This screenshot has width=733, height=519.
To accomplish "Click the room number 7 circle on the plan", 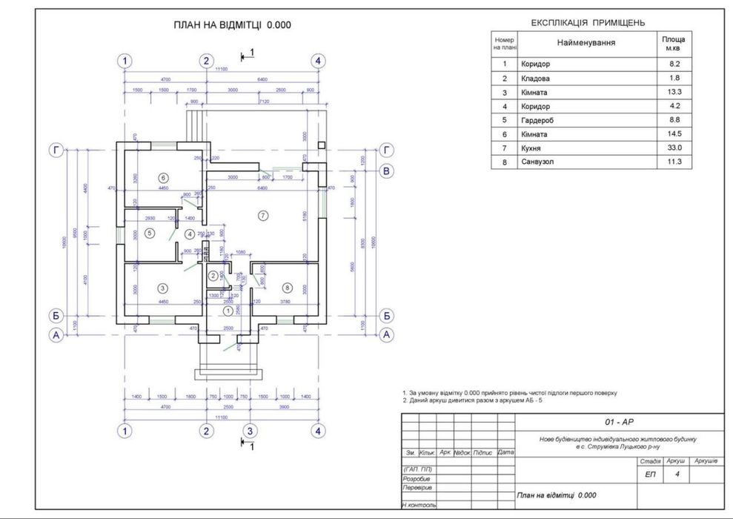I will pos(261,215).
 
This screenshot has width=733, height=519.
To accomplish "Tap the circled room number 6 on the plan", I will pos(164,177).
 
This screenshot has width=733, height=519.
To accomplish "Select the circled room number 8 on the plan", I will pos(286,287).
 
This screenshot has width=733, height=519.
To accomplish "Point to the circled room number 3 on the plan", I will pos(163,288).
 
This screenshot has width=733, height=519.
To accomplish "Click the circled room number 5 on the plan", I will pos(149,233).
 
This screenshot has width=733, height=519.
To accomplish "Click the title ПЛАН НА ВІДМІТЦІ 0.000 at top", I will pos(232,24).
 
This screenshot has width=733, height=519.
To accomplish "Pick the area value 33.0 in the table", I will pos(674,148).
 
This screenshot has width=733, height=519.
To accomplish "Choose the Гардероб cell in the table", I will pos(538,119).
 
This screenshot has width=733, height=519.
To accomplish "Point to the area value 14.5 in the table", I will pos(674,133).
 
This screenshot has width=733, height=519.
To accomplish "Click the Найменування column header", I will pos(586,43).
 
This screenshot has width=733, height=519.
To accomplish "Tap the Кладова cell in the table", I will pos(536,78).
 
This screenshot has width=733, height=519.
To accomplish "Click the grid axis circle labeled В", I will pos(386,172).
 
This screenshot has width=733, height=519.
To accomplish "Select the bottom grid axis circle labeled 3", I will pos(251,431).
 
